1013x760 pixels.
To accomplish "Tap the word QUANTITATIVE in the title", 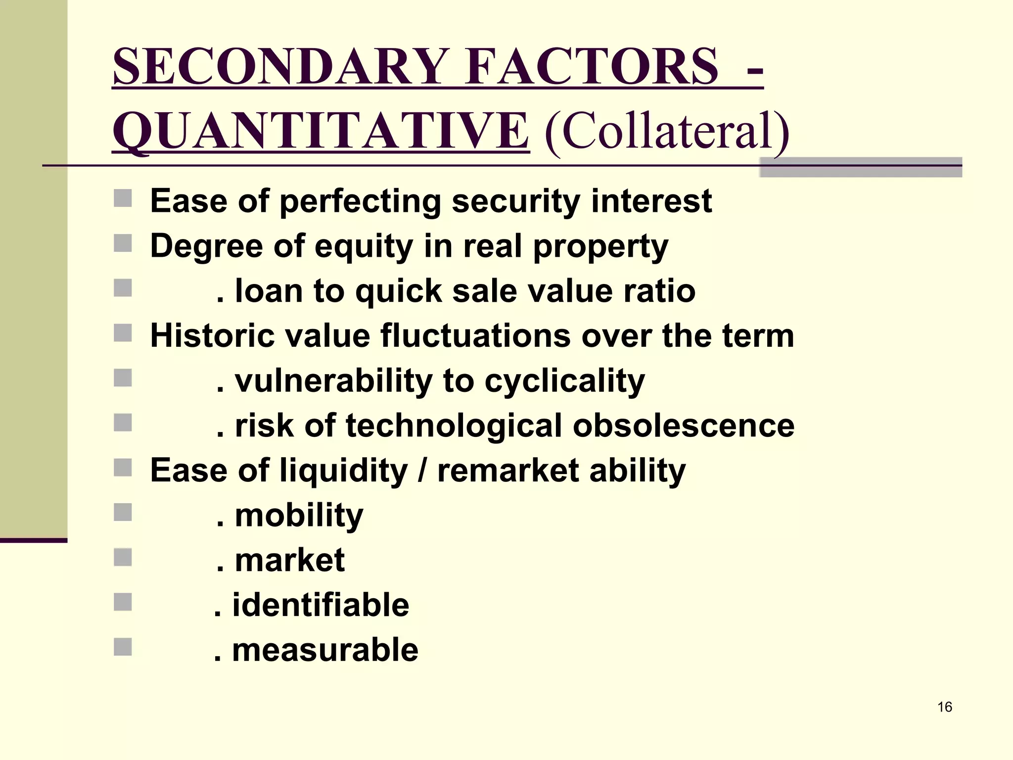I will [321, 131].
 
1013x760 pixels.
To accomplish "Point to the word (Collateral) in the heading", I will [667, 131].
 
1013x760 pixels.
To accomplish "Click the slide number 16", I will [945, 707].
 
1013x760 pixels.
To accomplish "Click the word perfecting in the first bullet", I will [360, 202].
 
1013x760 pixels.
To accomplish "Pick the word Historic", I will [211, 335].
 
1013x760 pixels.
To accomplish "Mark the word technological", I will [454, 426].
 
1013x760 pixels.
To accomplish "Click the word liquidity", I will [344, 471].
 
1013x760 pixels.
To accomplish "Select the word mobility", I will [299, 516].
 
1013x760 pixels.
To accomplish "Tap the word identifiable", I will [321, 605].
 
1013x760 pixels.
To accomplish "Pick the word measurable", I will [325, 650].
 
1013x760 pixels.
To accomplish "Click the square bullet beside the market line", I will [123, 557].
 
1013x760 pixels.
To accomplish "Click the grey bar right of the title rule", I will [860, 167].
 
